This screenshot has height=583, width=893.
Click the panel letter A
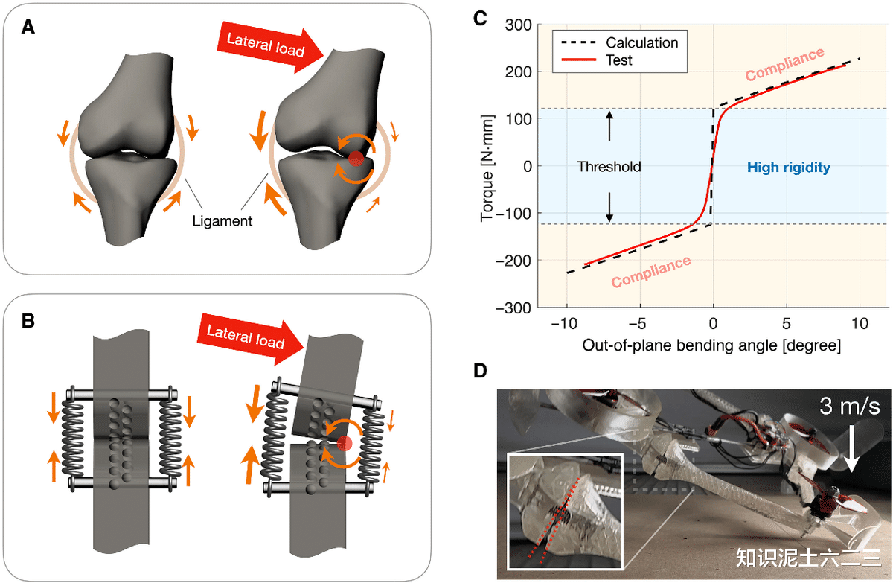coord(28,28)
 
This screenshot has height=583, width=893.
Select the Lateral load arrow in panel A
coord(269,48)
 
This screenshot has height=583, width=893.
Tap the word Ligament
coord(222,221)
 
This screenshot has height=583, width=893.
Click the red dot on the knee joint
coord(356,159)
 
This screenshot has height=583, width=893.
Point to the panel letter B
coord(28,321)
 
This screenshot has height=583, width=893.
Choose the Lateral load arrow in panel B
coord(250,340)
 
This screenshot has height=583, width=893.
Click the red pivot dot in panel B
coord(345,443)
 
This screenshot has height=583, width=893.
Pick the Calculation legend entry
coord(619,42)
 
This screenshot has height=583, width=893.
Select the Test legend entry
coord(596,60)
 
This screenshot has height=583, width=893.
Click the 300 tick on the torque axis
coord(518,25)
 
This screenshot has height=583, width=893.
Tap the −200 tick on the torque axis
coord(514,261)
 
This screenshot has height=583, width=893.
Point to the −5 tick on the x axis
coord(637,323)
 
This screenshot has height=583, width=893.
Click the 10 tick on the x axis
coord(860,323)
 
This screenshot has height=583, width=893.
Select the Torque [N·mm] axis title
coord(487,168)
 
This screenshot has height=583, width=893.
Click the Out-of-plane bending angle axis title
coord(711,345)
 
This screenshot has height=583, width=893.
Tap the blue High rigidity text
coord(788,167)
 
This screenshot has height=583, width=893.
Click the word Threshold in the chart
coord(609,167)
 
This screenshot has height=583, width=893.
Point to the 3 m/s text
coord(850,407)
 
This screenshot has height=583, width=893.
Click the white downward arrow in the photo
coord(851,449)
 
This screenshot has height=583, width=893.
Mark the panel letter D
coord(480,371)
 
